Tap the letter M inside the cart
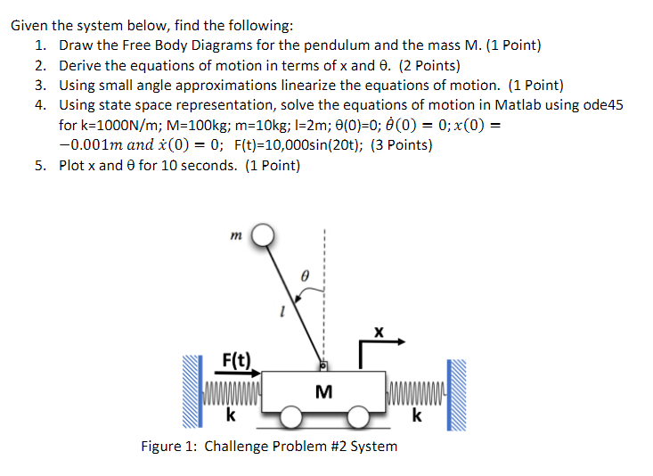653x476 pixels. [x=323, y=391]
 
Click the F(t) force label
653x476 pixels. [x=236, y=360]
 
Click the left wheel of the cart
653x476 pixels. [x=290, y=417]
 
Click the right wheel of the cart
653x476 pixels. [x=358, y=417]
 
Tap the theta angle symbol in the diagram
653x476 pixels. [x=304, y=277]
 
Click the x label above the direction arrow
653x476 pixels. [x=379, y=331]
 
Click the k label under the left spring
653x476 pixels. [x=231, y=414]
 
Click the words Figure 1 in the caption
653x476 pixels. [x=167, y=446]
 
